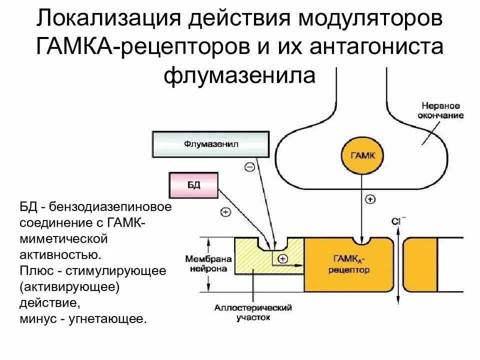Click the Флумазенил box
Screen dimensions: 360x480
210,144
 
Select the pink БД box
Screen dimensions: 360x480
194,185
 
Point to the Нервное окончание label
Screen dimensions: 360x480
440,111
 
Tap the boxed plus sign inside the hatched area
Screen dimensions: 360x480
283,258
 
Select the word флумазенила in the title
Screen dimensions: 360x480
240,76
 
